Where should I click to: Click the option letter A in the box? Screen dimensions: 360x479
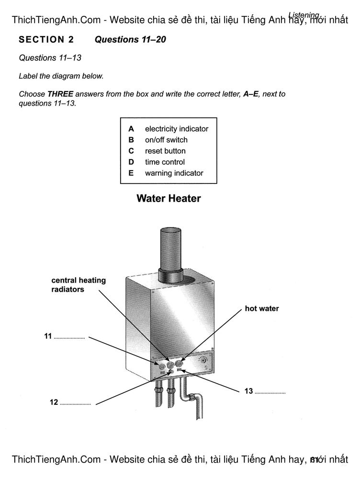click(x=131, y=129)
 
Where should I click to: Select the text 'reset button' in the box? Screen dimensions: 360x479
click(x=165, y=151)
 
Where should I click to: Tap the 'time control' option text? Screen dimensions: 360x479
click(x=165, y=162)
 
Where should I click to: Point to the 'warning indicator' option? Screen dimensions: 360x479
click(x=174, y=173)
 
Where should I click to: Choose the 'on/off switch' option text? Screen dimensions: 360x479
click(x=167, y=140)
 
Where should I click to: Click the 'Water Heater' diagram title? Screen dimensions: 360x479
click(x=169, y=198)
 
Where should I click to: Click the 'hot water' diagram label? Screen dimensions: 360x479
click(x=262, y=308)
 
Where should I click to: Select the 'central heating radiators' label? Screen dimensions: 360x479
click(x=79, y=285)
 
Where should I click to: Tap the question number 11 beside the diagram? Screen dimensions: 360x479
click(x=48, y=336)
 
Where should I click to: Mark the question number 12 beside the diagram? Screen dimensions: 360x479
click(x=54, y=402)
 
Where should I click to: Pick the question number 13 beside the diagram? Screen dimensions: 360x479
click(x=248, y=391)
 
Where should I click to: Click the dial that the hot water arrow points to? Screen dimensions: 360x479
click(x=179, y=364)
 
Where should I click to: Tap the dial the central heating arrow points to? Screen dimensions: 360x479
click(x=170, y=365)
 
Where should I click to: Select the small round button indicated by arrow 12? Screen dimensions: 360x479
click(x=171, y=372)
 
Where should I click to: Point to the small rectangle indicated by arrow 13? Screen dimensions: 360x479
click(x=179, y=371)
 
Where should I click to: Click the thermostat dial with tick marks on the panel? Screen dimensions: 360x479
click(x=203, y=360)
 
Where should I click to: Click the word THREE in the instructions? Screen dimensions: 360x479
click(x=60, y=94)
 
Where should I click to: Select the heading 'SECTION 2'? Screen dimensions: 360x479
click(x=46, y=39)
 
